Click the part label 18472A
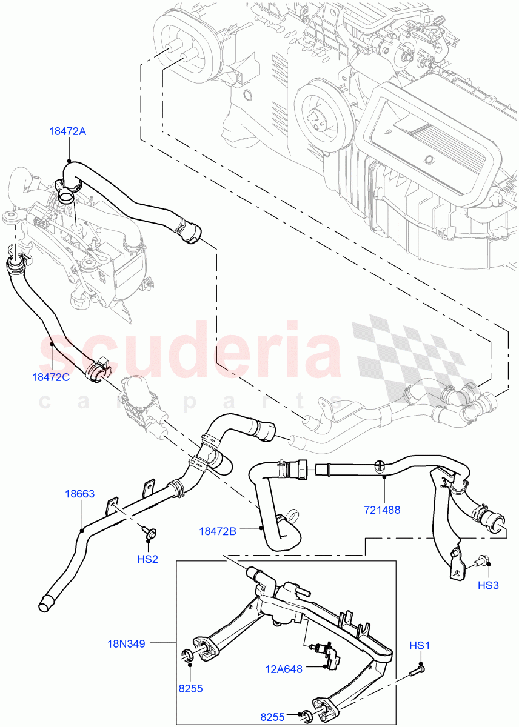[69, 131]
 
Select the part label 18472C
[51, 377]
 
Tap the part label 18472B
[218, 531]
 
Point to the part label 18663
[80, 494]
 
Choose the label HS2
[147, 559]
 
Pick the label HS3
[488, 585]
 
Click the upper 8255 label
[190, 688]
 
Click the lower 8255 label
[273, 717]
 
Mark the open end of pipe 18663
[44, 603]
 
